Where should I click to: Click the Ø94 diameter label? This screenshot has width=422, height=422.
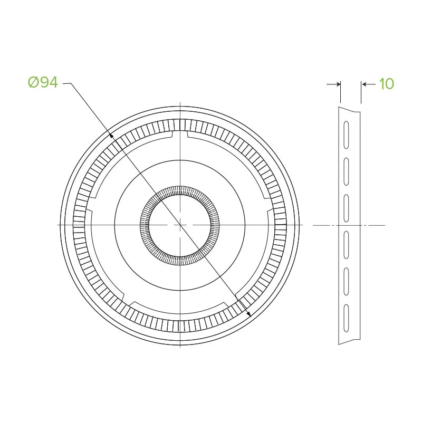pyautogui.click(x=43, y=82)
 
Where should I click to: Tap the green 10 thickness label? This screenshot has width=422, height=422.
pyautogui.click(x=387, y=84)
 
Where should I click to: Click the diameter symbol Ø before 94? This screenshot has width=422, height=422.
pyautogui.click(x=33, y=82)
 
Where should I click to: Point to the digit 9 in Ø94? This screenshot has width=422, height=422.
pyautogui.click(x=44, y=82)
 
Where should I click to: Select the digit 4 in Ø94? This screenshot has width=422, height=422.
pyautogui.click(x=53, y=82)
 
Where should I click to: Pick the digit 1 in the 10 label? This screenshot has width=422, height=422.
pyautogui.click(x=381, y=84)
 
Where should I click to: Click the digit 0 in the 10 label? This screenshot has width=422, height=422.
pyautogui.click(x=389, y=84)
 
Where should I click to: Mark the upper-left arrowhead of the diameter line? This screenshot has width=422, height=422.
pyautogui.click(x=111, y=135)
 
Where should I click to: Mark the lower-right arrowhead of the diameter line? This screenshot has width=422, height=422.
pyautogui.click(x=249, y=314)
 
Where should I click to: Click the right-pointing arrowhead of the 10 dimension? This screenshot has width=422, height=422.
pyautogui.click(x=338, y=84)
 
